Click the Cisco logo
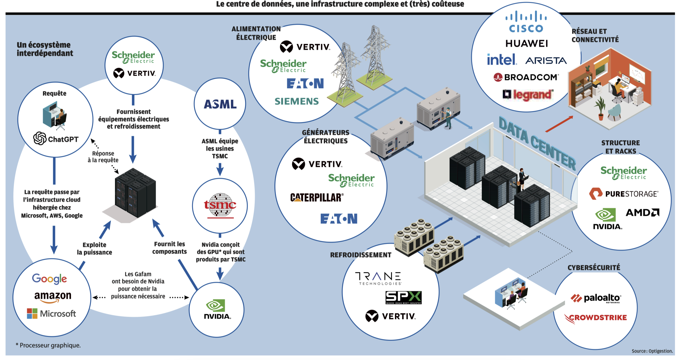click(x=526, y=22)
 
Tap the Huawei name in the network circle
click(x=527, y=44)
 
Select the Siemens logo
click(x=297, y=102)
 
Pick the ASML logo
click(x=220, y=104)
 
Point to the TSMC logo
click(x=220, y=205)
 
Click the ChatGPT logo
click(x=56, y=138)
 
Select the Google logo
click(x=49, y=279)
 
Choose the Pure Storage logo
click(x=624, y=194)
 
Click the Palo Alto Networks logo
click(x=596, y=298)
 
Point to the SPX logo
click(x=403, y=298)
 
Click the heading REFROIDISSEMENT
click(x=361, y=255)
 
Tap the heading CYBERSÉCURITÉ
click(x=594, y=268)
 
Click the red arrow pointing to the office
click(x=559, y=124)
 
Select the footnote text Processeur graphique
click(x=48, y=345)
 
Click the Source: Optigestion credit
click(x=652, y=351)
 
